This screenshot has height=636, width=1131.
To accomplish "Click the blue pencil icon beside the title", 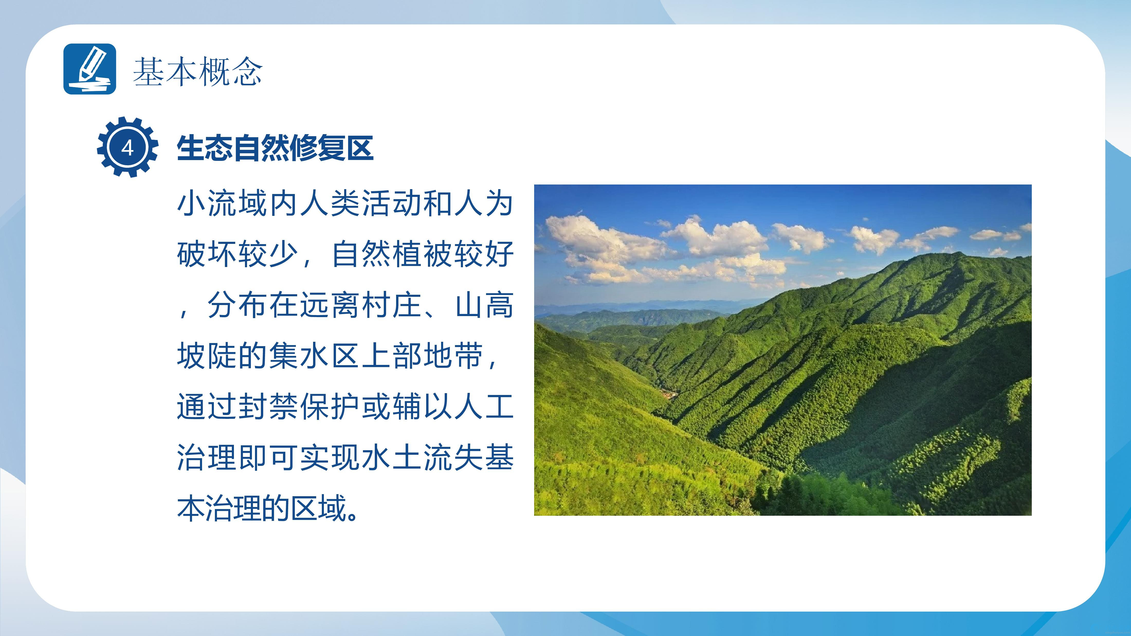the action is point(89,69).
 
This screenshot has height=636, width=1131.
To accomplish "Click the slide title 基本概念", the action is point(198,71).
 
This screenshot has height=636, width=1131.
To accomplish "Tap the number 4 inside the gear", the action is point(127,148).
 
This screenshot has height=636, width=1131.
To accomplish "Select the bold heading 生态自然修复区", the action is point(275,148).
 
